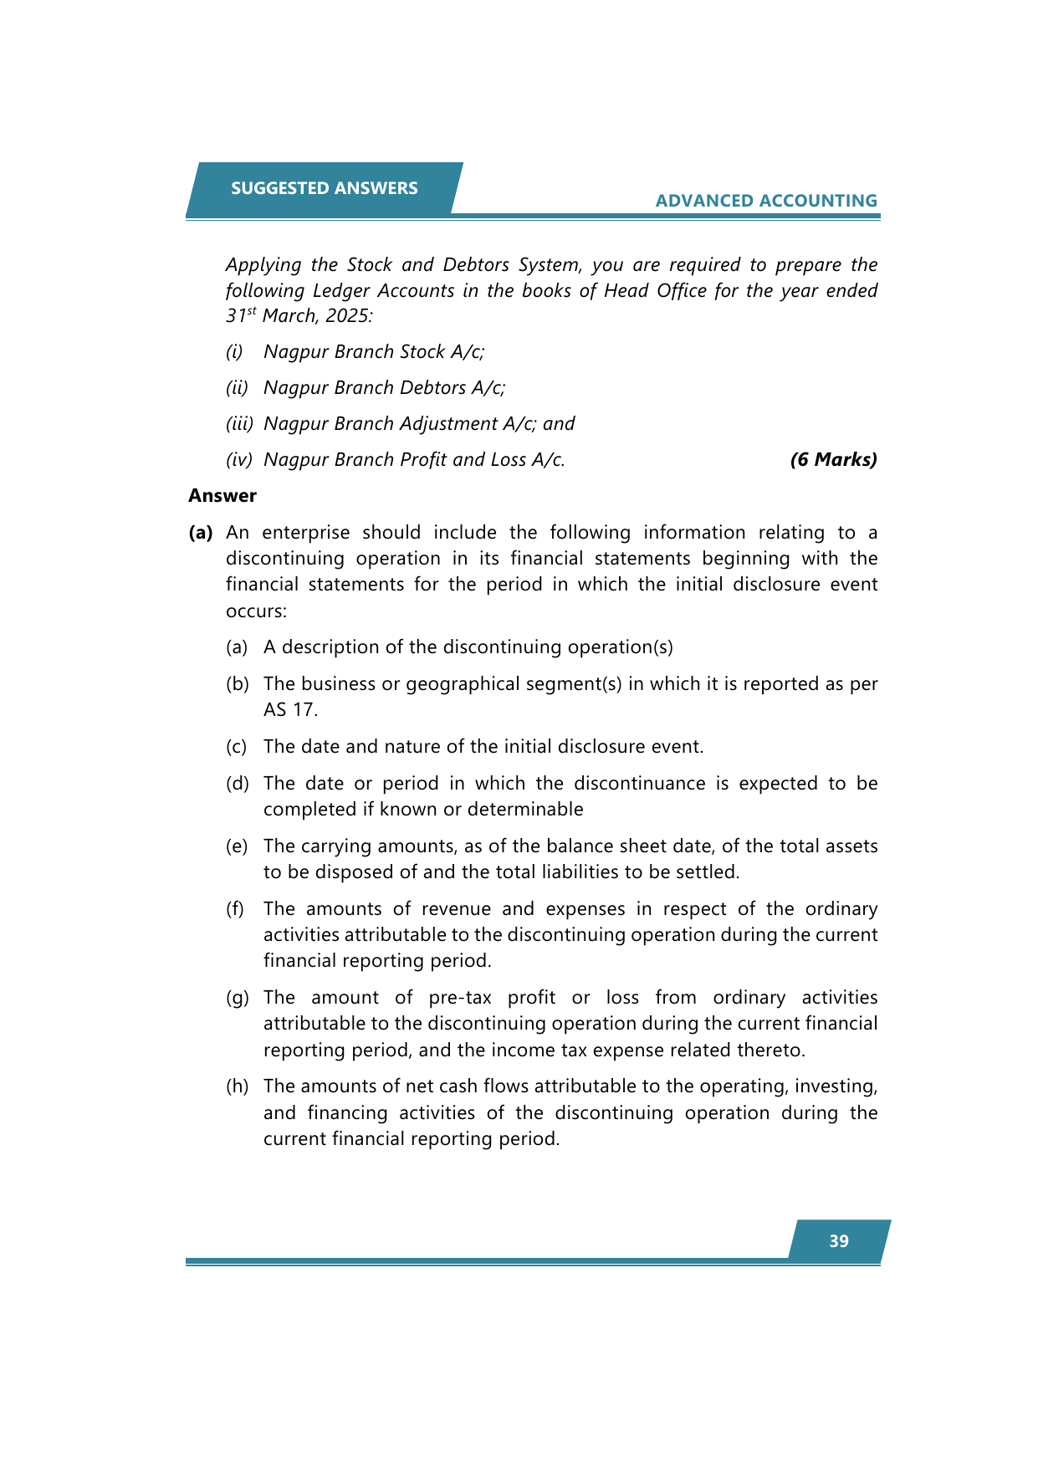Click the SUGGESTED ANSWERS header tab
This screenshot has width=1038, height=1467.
[324, 188]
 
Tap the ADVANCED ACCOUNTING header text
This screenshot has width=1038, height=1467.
[766, 201]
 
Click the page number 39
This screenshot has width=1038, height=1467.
[839, 1241]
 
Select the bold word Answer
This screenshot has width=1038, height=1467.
[222, 496]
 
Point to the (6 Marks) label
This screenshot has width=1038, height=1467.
[833, 459]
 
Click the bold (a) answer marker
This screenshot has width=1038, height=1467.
[201, 533]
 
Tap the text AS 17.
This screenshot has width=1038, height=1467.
[290, 710]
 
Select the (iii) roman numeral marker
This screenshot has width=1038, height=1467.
[239, 424]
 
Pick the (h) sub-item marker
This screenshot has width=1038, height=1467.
[238, 1086]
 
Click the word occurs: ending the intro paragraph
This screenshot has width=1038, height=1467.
[256, 611]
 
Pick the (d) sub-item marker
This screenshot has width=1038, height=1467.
[238, 784]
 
